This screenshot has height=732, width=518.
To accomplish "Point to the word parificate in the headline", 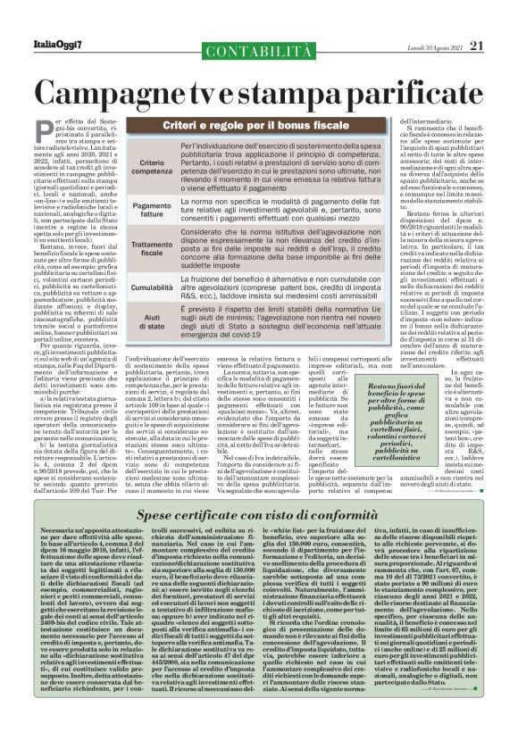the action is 414,94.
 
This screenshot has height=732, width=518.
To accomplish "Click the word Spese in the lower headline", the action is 160,515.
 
